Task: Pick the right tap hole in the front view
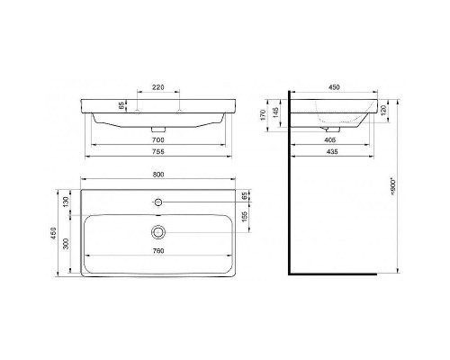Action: point(179,110)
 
